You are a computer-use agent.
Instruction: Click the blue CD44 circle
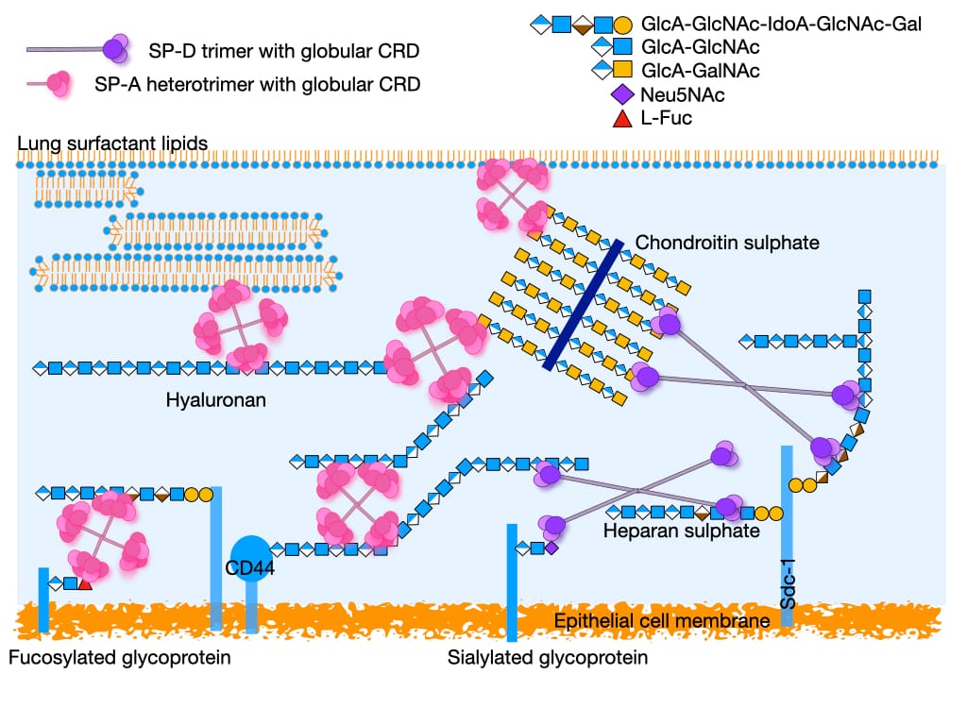point(250,557)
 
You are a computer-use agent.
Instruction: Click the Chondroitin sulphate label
point(727,243)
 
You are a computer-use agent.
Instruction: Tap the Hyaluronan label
point(215,400)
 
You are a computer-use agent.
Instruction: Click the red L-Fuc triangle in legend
point(622,118)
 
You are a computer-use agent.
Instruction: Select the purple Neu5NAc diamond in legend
point(622,94)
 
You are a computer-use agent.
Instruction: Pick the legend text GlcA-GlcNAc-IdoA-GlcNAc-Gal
point(781,23)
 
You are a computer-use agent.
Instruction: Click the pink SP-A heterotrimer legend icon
point(59,84)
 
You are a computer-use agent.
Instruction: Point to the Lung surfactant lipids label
point(112,143)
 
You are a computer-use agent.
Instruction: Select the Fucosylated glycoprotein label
point(119,657)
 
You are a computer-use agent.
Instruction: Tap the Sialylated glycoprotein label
point(548,657)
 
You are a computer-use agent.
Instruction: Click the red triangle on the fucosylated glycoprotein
point(85,584)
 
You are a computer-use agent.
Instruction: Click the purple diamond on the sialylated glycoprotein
point(551,548)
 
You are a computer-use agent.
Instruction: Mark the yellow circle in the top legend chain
point(624,23)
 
